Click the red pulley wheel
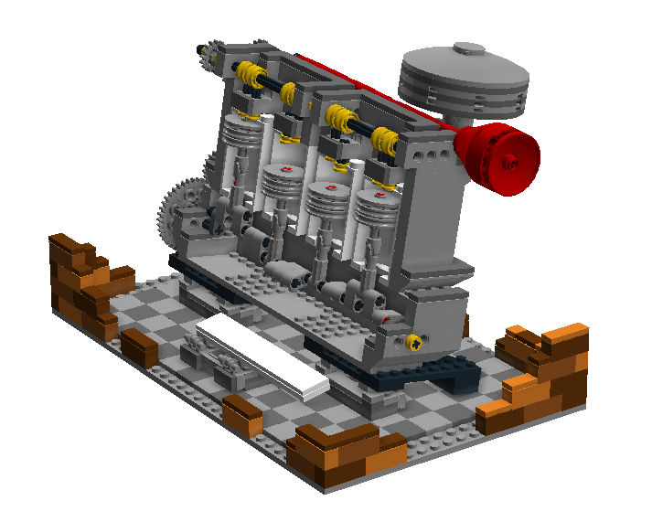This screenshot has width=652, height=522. coord(498,158)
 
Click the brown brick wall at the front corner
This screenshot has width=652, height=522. coord(343,453)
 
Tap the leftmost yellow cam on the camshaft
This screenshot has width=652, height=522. coord(246,73)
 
